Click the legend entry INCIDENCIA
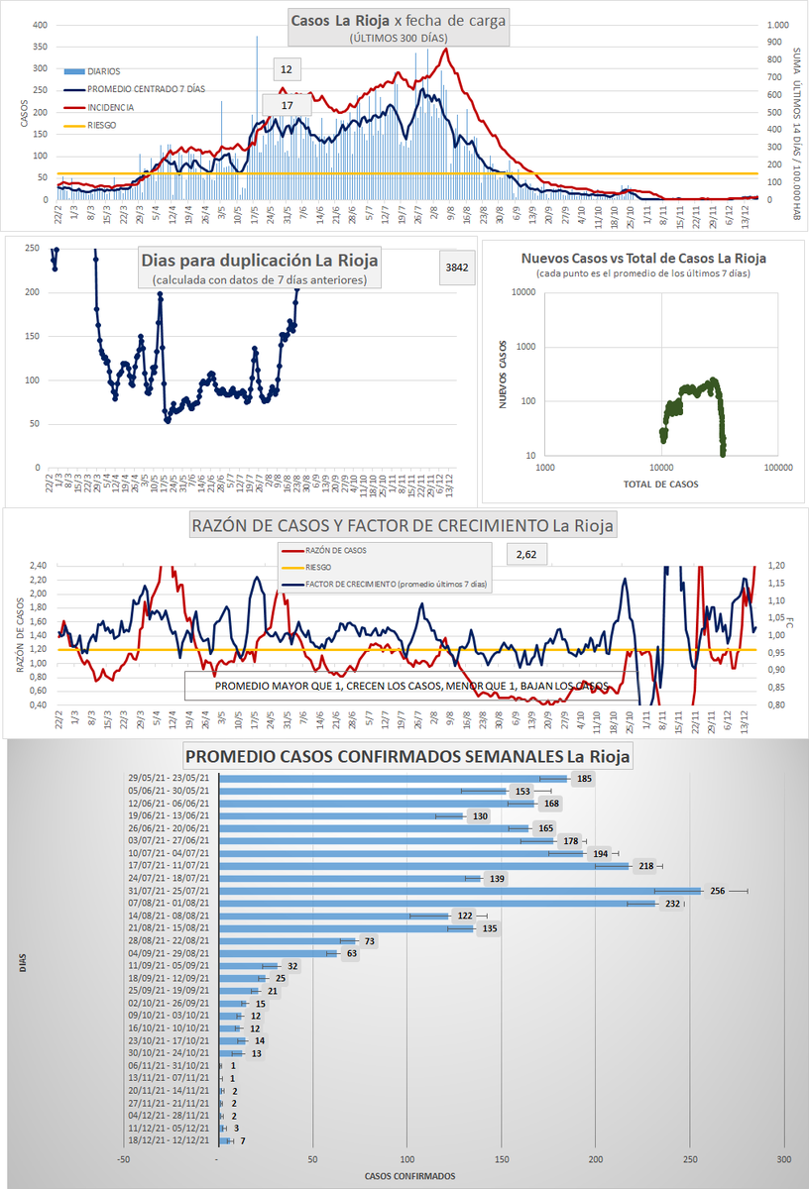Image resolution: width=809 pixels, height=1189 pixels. point(110,107)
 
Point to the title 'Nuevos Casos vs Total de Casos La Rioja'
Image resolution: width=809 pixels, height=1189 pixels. point(643,258)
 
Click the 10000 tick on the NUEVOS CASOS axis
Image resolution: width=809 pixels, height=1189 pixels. point(521,292)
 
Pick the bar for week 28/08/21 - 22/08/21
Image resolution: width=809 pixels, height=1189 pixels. point(287,940)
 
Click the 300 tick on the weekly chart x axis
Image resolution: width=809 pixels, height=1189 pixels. point(784,1158)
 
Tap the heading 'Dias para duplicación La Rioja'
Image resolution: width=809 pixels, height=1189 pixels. point(261,262)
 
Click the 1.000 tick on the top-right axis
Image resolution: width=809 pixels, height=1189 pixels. point(777,25)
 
